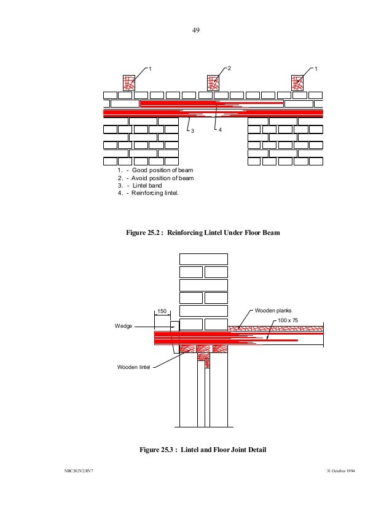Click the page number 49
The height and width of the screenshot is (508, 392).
point(197,30)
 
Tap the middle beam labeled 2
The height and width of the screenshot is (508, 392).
point(214,82)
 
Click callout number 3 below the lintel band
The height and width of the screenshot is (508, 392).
point(192,131)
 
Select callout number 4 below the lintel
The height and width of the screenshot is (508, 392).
point(221,131)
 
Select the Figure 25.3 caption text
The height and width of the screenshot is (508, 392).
point(203,450)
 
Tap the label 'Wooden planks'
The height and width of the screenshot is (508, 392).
point(273,311)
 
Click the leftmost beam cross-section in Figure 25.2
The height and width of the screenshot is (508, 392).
point(129,82)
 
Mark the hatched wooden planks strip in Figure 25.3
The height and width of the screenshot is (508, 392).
point(276,329)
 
